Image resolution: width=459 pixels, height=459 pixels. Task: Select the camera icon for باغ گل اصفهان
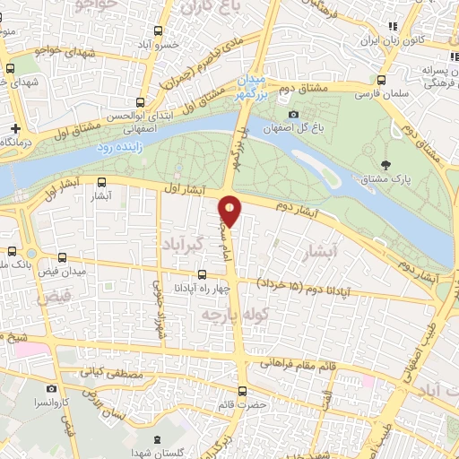pyautogui.click(x=293, y=114)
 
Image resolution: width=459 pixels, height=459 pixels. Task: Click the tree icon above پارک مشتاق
pyautogui.click(x=386, y=163)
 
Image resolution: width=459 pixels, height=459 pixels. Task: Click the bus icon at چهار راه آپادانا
pyautogui.click(x=201, y=275)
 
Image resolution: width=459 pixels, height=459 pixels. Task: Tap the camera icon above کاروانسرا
pyautogui.click(x=51, y=389)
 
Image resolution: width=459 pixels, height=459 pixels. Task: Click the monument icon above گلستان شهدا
pyautogui.click(x=158, y=438)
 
